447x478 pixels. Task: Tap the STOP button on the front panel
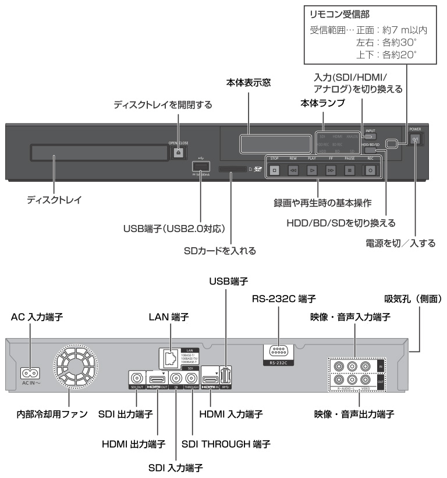click(x=274, y=171)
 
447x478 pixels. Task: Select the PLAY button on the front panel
click(x=313, y=171)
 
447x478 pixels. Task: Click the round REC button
click(x=368, y=171)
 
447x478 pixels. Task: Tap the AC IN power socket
click(x=30, y=372)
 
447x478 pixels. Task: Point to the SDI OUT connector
click(x=137, y=379)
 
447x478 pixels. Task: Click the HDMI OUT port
click(x=159, y=379)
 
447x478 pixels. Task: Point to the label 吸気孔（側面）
click(x=412, y=299)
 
